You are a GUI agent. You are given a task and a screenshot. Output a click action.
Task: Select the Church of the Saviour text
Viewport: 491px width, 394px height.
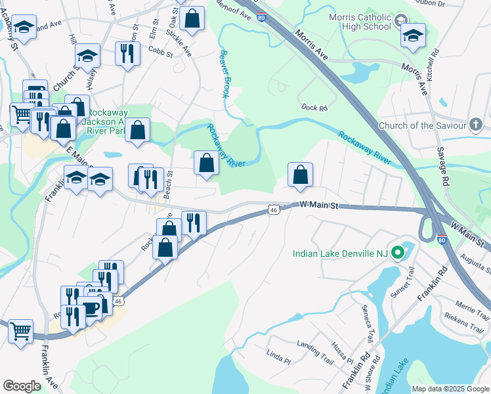[421, 125]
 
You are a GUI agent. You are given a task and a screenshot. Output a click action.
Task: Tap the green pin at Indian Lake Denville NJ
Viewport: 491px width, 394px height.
[397, 253]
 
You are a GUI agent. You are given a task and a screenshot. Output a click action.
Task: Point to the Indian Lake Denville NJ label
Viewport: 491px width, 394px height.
[339, 253]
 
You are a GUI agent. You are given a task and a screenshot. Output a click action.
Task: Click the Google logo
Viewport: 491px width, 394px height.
[22, 386]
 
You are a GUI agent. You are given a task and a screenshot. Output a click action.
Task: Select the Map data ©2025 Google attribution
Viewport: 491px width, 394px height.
[450, 389]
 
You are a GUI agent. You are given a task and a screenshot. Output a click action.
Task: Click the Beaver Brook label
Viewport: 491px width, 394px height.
[224, 74]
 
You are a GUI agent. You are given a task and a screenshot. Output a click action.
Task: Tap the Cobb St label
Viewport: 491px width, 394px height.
[159, 49]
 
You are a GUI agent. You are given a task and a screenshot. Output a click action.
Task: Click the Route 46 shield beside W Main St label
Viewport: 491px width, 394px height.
[274, 209]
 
